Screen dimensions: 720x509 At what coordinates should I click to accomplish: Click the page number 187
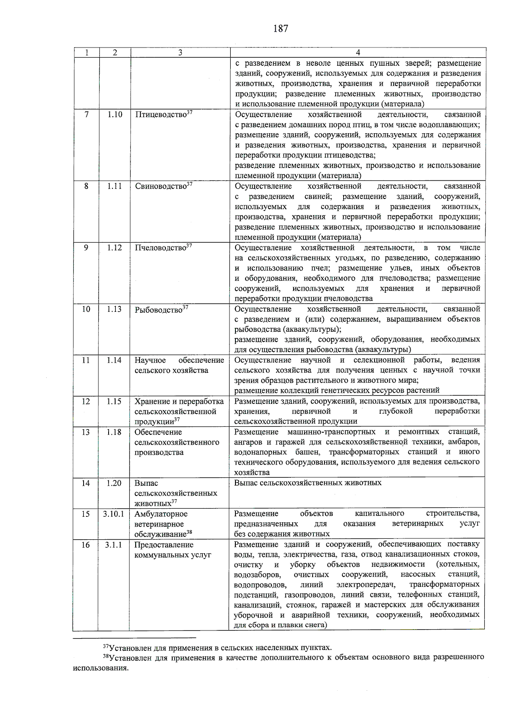pos(280,29)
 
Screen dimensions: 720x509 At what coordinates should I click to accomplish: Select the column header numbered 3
pos(180,53)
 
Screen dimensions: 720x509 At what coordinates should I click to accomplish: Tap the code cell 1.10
pos(115,115)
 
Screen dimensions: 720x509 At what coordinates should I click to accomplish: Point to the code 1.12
pos(114,248)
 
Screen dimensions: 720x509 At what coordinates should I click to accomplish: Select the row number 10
pos(86,309)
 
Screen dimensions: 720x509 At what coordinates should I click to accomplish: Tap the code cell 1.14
pos(114,360)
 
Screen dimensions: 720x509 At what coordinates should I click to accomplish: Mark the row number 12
pos(86,401)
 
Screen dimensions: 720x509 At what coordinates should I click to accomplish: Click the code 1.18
pos(114,432)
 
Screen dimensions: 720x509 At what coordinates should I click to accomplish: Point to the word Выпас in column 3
pos(146,483)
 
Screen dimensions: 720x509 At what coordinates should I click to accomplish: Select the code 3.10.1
pos(114,514)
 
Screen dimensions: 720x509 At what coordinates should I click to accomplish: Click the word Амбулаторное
pos(161,514)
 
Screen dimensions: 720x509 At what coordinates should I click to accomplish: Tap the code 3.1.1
pos(114,545)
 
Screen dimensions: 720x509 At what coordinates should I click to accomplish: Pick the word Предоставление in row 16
pos(164,545)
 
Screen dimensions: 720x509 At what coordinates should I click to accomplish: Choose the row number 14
pos(86,483)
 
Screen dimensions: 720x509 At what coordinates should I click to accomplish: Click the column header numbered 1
pos(87,53)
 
